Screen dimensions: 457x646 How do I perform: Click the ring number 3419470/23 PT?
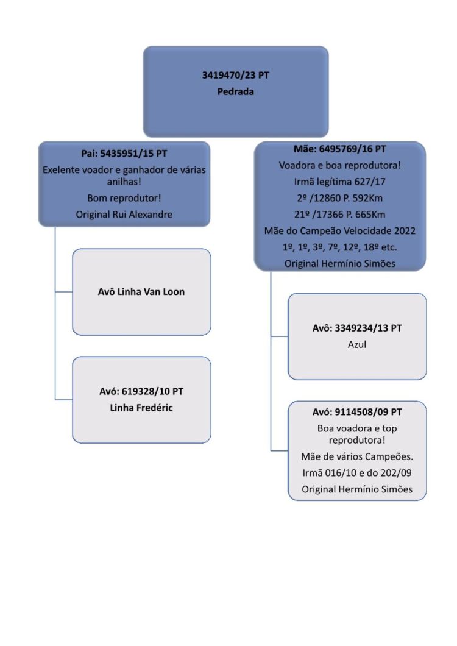pos(235,76)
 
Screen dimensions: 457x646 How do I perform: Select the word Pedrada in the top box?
pos(235,91)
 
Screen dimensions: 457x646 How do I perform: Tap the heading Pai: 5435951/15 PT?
pos(124,154)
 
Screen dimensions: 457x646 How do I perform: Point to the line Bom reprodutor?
pos(124,198)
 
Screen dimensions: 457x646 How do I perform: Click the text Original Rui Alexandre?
pos(124,215)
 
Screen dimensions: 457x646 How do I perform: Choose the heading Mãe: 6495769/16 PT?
pos(339,149)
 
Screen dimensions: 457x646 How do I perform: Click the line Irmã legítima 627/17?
pos(339,182)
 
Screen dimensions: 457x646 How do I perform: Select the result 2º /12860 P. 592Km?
pos(339,198)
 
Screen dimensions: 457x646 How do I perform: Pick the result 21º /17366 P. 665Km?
pos(339,215)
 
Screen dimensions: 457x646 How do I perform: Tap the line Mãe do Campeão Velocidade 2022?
pos(339,231)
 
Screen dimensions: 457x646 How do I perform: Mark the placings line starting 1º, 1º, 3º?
pos(339,247)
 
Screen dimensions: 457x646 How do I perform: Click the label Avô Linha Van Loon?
pos(141,292)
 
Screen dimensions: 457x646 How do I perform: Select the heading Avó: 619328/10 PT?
pos(141,391)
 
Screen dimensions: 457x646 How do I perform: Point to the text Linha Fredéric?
pos(141,408)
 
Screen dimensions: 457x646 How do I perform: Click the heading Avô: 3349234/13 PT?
pos(357,328)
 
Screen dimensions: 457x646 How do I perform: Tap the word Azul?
pos(357,344)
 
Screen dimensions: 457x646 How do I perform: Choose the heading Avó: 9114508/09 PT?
pos(357,412)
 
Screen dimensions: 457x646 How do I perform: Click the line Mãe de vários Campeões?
pos(357,456)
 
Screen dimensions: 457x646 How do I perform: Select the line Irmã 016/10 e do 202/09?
pos(357,473)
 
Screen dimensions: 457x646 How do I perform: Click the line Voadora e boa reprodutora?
pos(339,165)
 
